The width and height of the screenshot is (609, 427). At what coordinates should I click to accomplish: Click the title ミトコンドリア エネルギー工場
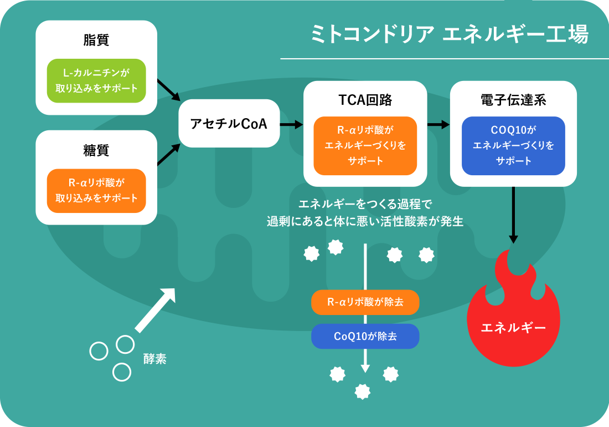tap(450, 34)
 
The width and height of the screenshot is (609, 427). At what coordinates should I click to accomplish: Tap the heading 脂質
tap(96, 40)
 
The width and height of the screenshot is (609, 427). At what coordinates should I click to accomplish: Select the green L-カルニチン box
tap(96, 80)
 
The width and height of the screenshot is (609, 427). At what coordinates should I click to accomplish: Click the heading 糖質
tap(96, 150)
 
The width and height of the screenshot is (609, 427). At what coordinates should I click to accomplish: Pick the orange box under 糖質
tap(96, 191)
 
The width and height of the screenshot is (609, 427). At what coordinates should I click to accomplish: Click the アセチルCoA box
tap(229, 123)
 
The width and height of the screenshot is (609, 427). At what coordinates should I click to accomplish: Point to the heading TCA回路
tap(365, 100)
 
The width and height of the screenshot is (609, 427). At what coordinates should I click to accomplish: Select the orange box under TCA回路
tap(365, 145)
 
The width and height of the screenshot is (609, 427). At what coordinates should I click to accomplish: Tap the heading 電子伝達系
tap(513, 100)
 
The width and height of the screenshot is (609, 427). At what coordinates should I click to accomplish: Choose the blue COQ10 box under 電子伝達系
tap(513, 145)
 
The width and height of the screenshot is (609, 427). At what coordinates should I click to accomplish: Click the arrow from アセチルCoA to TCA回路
tap(292, 124)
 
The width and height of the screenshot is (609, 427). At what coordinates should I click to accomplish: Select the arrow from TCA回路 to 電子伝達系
tap(438, 124)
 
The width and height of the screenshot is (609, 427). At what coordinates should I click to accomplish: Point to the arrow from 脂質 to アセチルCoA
tap(169, 90)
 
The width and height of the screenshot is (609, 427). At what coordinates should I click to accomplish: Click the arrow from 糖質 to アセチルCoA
tap(169, 154)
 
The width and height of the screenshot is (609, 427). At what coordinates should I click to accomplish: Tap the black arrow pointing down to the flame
tap(513, 215)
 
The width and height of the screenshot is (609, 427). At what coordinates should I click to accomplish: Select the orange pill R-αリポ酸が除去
tap(365, 302)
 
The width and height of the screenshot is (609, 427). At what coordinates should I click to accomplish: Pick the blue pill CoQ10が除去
tap(365, 336)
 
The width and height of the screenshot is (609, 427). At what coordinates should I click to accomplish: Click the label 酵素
tap(154, 358)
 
